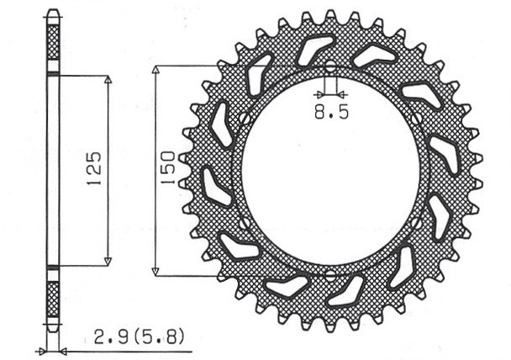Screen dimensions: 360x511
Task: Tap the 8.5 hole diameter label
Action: (328, 109)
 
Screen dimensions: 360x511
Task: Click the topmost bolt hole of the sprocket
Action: (329, 66)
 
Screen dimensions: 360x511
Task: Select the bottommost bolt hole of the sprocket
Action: (329, 274)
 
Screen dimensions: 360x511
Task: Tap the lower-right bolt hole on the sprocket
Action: (418, 223)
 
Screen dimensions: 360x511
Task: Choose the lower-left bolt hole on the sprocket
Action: (242, 223)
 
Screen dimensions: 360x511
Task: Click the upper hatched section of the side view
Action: (52, 41)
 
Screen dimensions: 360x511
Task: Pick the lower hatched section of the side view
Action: (52, 299)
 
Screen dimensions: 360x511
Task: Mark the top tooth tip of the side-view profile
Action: (52, 12)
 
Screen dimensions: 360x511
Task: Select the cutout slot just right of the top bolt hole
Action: (375, 56)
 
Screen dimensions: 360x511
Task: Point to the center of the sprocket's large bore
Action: (329, 171)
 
